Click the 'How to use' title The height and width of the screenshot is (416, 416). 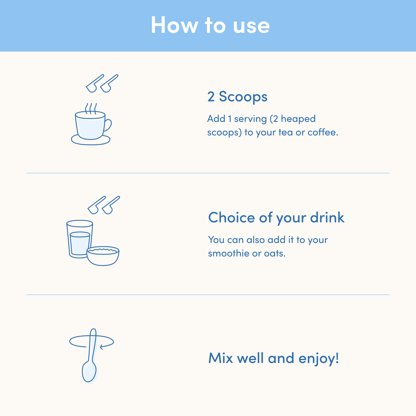[x=210, y=25]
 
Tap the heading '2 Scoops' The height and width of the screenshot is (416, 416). [x=237, y=96]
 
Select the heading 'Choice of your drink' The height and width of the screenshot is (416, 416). [x=276, y=217]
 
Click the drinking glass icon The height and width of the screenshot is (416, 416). [x=79, y=239]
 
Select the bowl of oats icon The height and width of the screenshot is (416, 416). [x=103, y=256]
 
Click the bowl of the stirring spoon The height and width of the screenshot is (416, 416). [x=89, y=371]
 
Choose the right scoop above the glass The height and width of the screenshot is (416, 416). [x=110, y=205]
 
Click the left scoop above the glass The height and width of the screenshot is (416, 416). [x=96, y=205]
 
